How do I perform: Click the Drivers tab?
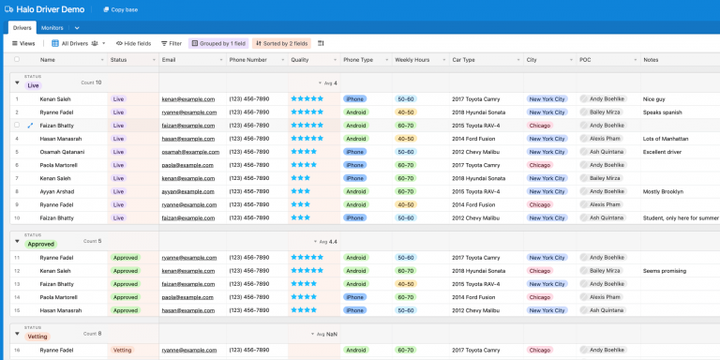click(22, 28)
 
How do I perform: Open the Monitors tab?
click(52, 28)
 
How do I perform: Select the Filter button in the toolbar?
click(171, 43)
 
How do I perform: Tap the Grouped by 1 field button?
click(218, 43)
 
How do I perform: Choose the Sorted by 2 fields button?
click(280, 43)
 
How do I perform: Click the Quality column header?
click(300, 59)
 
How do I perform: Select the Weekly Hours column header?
click(412, 59)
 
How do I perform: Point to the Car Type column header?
click(463, 59)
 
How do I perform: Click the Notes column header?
click(651, 59)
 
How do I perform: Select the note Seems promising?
click(665, 271)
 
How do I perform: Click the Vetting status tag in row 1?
click(122, 350)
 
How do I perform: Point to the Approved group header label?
click(40, 244)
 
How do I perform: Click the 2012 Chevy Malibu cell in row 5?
click(478, 151)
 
